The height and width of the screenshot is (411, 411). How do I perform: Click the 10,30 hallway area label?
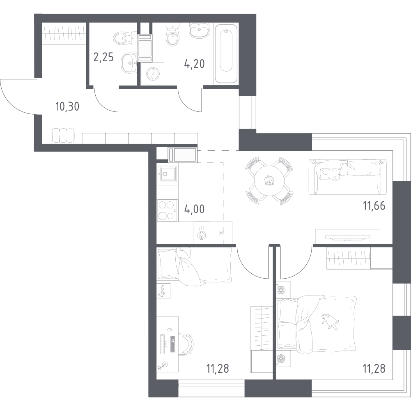point(67,107)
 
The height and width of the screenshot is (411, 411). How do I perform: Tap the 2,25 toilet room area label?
point(103,57)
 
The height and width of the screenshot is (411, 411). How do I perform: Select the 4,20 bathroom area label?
point(195,64)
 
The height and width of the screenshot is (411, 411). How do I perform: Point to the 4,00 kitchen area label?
point(195,210)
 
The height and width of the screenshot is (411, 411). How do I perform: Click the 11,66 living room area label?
point(374,205)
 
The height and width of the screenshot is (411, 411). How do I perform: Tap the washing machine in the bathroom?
point(153,74)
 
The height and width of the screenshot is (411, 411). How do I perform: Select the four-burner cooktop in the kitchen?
point(167,210)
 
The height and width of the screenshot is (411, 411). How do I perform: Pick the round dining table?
point(269,180)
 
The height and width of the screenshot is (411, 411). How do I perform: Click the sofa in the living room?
point(348,177)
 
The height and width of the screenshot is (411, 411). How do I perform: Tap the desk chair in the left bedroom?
point(187,344)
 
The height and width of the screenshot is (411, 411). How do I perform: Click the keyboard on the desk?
point(173,344)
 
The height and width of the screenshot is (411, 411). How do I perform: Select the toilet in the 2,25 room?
point(124,38)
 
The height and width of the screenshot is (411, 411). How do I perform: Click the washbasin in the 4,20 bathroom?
point(199,29)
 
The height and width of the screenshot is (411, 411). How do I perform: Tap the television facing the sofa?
point(348,238)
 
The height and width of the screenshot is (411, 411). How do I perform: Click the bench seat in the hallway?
point(63,136)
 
